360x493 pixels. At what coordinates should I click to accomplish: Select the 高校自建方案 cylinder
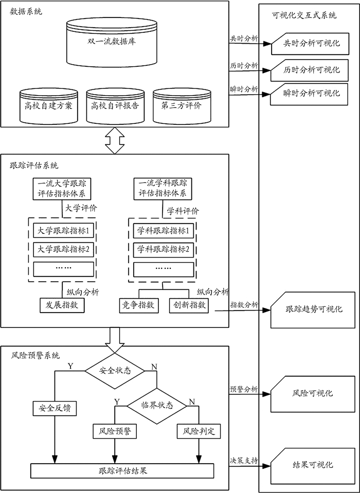point(48,105)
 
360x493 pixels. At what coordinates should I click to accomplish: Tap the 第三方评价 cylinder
point(177,105)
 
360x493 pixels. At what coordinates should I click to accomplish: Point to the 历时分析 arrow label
point(244,65)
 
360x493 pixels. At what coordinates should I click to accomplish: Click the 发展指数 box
point(62,304)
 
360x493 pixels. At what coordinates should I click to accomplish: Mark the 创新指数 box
point(188,304)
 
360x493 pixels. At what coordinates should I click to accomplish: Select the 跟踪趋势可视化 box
point(313,309)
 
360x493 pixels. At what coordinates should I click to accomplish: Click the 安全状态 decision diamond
point(114,370)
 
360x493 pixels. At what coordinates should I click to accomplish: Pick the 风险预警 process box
point(114,431)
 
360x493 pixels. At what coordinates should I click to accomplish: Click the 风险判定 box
point(199,431)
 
